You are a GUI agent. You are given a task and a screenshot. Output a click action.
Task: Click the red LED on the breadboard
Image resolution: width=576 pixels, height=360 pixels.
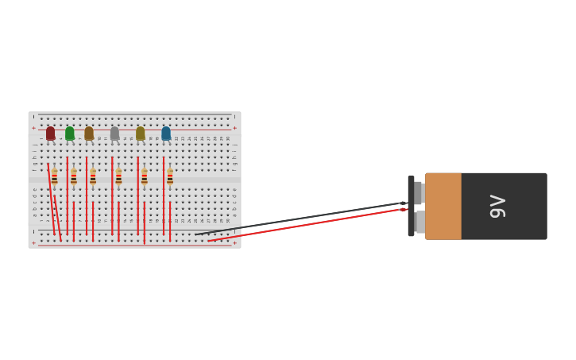pyautogui.click(x=51, y=134)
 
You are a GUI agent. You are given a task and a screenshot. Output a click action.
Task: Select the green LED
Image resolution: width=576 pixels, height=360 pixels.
pyautogui.click(x=70, y=134)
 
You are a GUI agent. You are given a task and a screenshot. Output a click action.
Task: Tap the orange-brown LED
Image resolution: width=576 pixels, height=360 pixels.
pyautogui.click(x=89, y=134)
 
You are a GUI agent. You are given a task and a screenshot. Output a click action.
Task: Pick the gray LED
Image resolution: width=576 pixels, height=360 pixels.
pyautogui.click(x=114, y=134)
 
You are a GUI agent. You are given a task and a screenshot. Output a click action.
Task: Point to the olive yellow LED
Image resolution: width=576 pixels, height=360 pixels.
pyautogui.click(x=141, y=134)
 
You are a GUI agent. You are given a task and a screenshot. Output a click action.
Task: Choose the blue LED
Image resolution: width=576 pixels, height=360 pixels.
pyautogui.click(x=166, y=134)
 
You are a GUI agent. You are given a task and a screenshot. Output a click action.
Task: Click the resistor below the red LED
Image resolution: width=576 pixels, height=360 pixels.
pyautogui.click(x=54, y=177)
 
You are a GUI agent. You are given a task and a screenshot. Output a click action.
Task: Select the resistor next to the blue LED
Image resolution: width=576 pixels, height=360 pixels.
pyautogui.click(x=170, y=177)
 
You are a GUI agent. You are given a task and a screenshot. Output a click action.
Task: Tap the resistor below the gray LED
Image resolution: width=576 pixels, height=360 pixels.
pyautogui.click(x=118, y=177)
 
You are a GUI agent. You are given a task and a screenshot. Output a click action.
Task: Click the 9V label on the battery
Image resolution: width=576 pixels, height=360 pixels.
pyautogui.click(x=498, y=206)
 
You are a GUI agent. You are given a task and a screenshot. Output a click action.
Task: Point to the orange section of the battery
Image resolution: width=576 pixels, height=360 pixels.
pyautogui.click(x=443, y=206)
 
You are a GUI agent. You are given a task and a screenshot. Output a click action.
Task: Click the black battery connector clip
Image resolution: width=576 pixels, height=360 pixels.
pyautogui.click(x=411, y=206)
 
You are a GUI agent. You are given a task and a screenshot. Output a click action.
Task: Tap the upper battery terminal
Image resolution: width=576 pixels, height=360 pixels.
pyautogui.click(x=419, y=193)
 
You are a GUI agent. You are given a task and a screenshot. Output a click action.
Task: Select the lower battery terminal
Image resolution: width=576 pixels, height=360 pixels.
pyautogui.click(x=419, y=222)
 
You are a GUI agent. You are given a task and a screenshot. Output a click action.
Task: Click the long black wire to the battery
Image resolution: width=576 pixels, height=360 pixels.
pyautogui.click(x=302, y=219)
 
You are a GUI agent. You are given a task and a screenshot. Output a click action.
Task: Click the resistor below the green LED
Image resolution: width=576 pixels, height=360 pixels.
pyautogui.click(x=74, y=177)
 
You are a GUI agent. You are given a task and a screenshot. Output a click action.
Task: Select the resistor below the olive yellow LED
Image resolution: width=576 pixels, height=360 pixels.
pyautogui.click(x=144, y=177)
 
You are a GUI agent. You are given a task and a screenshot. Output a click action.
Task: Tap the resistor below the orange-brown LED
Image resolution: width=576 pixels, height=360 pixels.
pyautogui.click(x=93, y=177)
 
